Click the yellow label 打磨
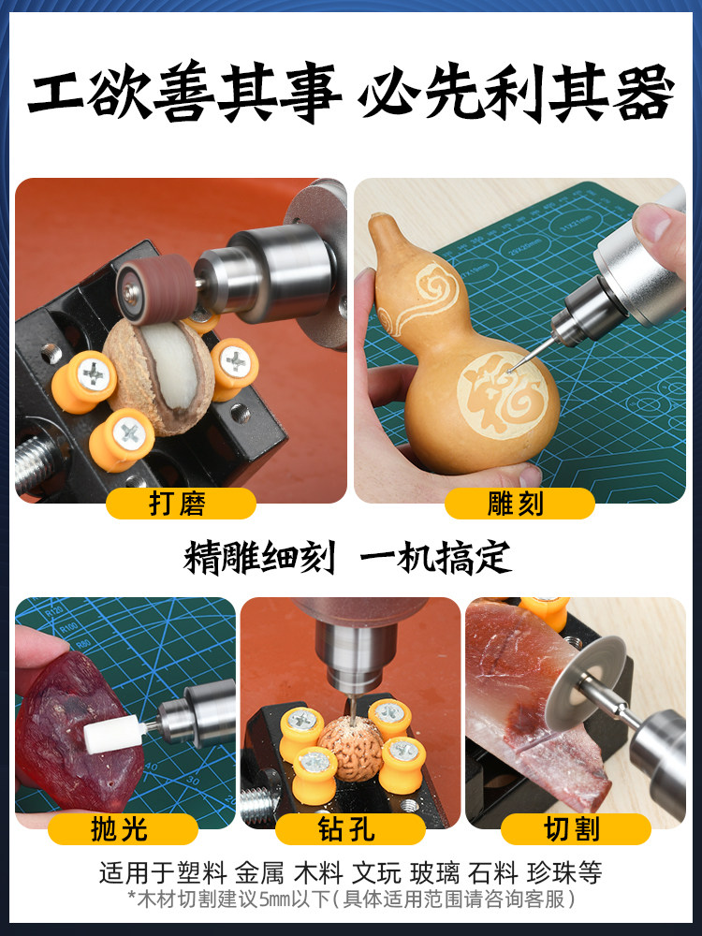pyautogui.click(x=180, y=504)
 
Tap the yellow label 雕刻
pyautogui.click(x=519, y=504)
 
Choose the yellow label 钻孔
pyautogui.click(x=350, y=829)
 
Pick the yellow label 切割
pyautogui.click(x=575, y=829)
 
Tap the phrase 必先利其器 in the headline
pyautogui.click(x=519, y=95)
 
